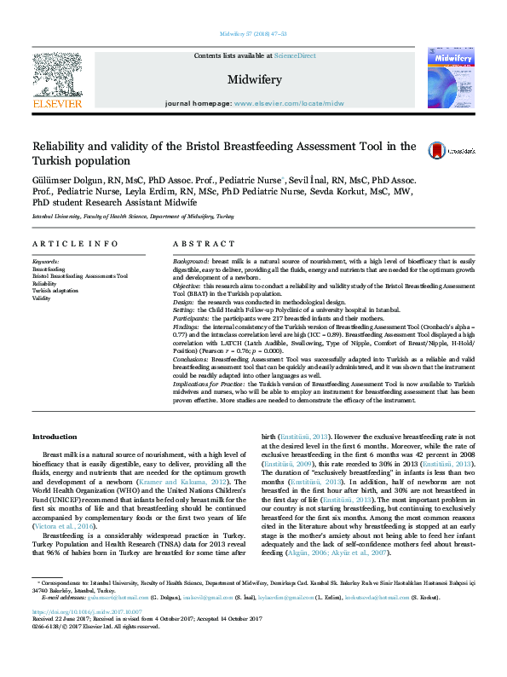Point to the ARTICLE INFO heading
pyautogui.click(x=75, y=244)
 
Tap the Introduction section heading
pyautogui.click(x=55, y=437)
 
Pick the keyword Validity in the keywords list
pyautogui.click(x=41, y=298)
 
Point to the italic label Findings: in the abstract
pyautogui.click(x=187, y=327)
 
